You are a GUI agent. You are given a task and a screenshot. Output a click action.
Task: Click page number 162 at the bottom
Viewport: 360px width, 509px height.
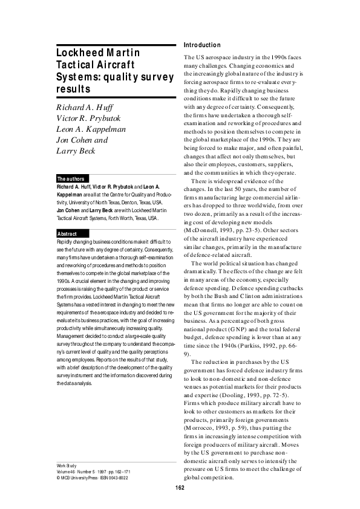pos(180,488)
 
